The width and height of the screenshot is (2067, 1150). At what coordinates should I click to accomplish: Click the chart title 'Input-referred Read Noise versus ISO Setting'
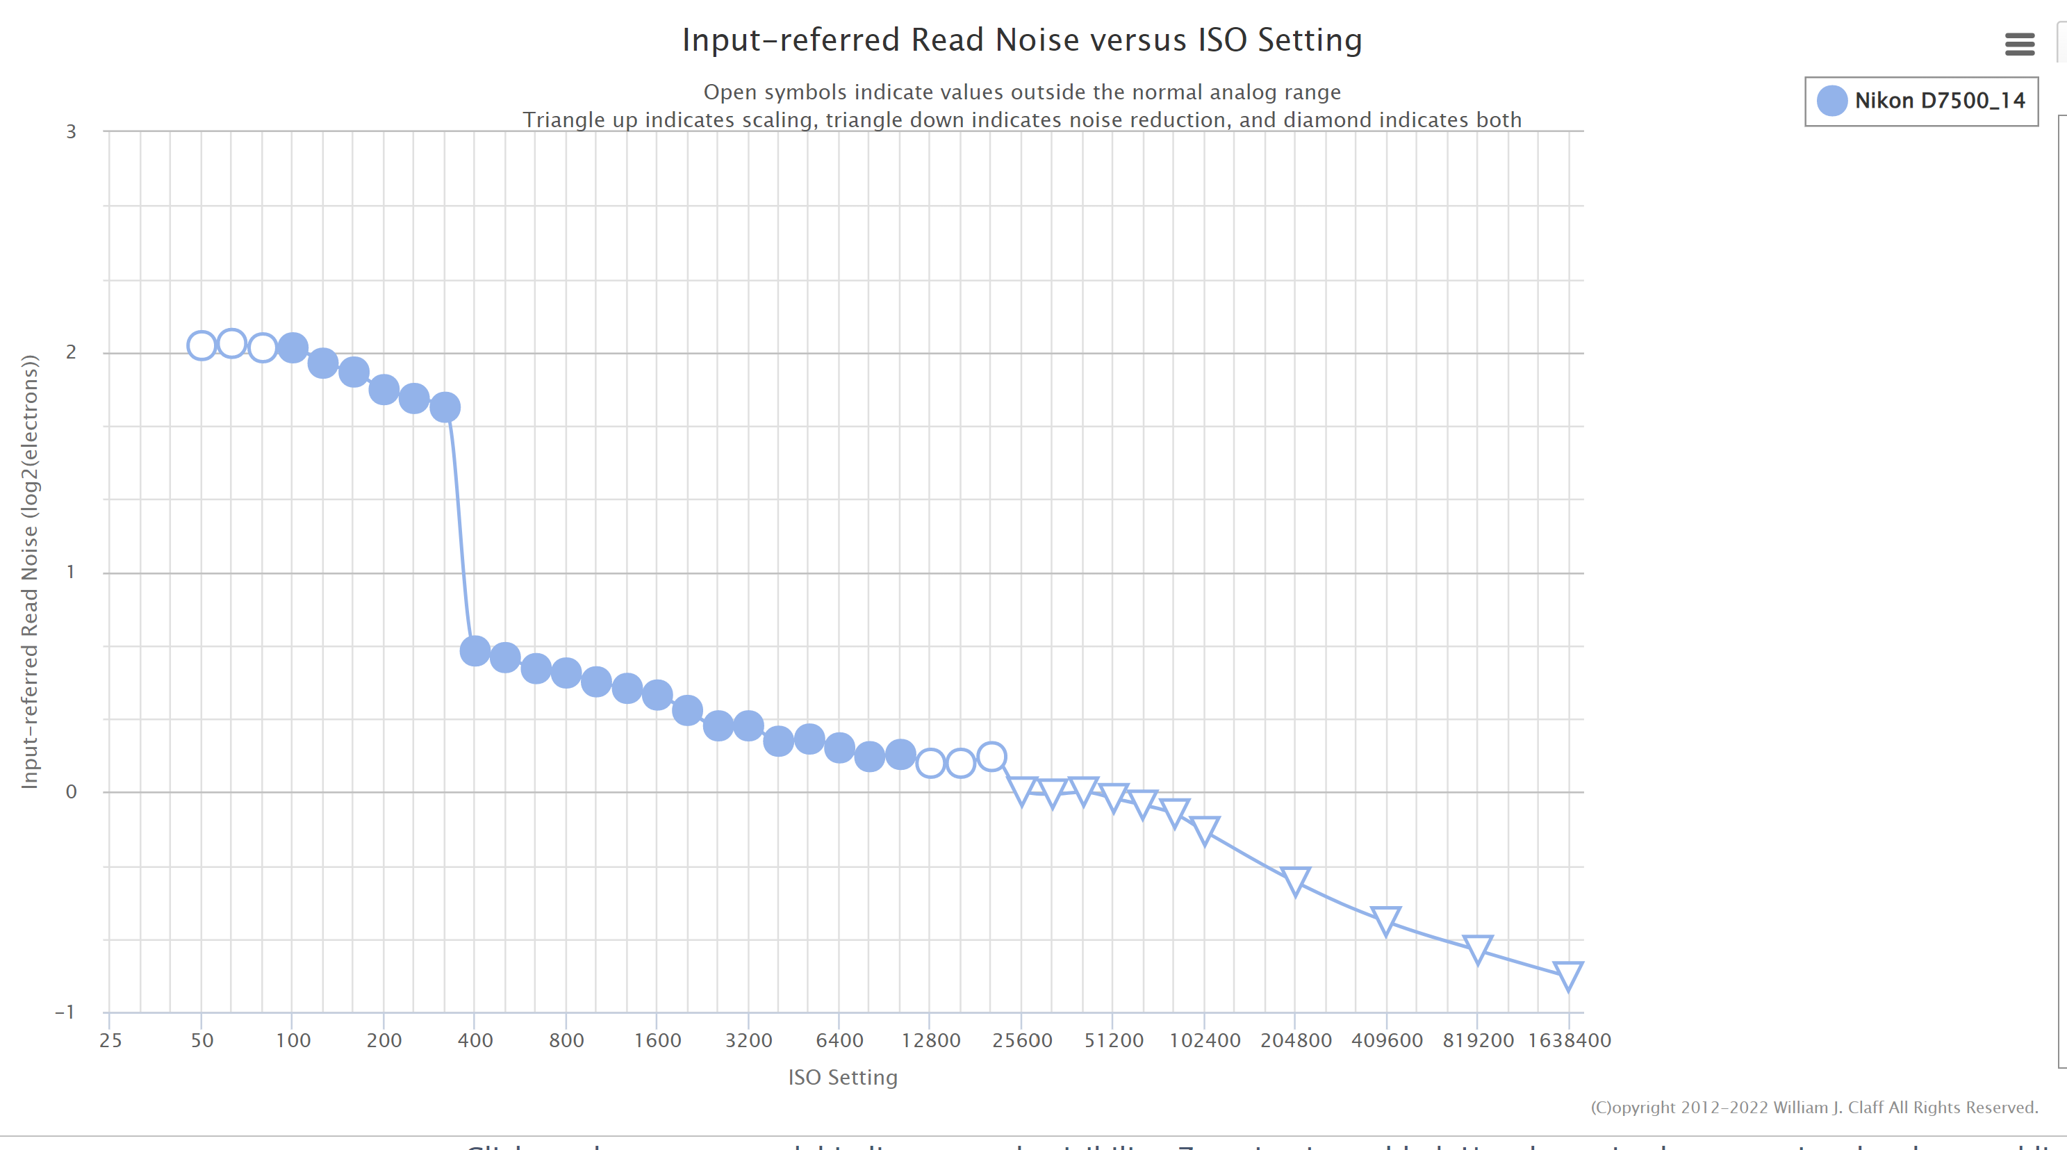1021,40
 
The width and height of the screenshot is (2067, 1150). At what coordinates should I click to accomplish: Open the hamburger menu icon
2019,44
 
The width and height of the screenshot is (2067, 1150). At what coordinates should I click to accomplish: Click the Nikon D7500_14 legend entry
1921,101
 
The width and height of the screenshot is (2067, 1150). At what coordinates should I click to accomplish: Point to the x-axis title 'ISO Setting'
843,1077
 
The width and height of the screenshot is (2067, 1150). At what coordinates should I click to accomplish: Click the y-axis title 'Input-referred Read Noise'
30,571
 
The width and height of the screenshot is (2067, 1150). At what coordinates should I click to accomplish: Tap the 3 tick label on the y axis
72,131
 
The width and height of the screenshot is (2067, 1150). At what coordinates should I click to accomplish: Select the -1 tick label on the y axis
65,1012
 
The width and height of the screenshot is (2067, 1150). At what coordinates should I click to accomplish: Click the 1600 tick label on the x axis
657,1041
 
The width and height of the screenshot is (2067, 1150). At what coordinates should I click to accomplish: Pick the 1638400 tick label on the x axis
1569,1041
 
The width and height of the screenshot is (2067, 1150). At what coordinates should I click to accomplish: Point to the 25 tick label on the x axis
110,1041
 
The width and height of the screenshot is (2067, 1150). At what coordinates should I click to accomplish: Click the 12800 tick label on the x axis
931,1041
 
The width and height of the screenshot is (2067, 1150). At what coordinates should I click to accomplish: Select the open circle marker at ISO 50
201,346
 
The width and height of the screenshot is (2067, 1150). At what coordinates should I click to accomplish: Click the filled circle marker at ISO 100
293,347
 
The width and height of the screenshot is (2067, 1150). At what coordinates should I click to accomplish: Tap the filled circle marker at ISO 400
475,651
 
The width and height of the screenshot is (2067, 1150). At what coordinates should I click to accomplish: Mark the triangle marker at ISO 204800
1295,880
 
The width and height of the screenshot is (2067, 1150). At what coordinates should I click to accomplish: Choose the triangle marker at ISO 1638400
1568,974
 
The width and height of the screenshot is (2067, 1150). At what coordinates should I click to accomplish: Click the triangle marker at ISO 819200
1477,948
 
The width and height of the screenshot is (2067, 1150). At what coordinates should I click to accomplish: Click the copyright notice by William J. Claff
1813,1108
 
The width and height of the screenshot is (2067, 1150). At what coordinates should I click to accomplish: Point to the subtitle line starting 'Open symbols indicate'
1021,92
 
